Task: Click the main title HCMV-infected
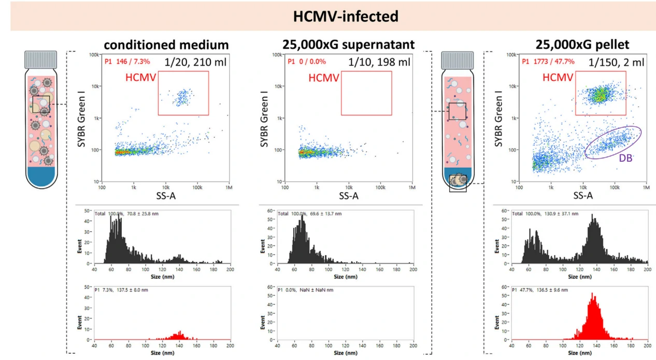click(346, 16)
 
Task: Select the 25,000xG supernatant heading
click(348, 45)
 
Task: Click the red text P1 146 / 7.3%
click(127, 62)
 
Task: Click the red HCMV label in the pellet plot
click(558, 78)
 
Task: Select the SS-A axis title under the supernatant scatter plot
click(348, 196)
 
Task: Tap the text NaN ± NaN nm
click(317, 290)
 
